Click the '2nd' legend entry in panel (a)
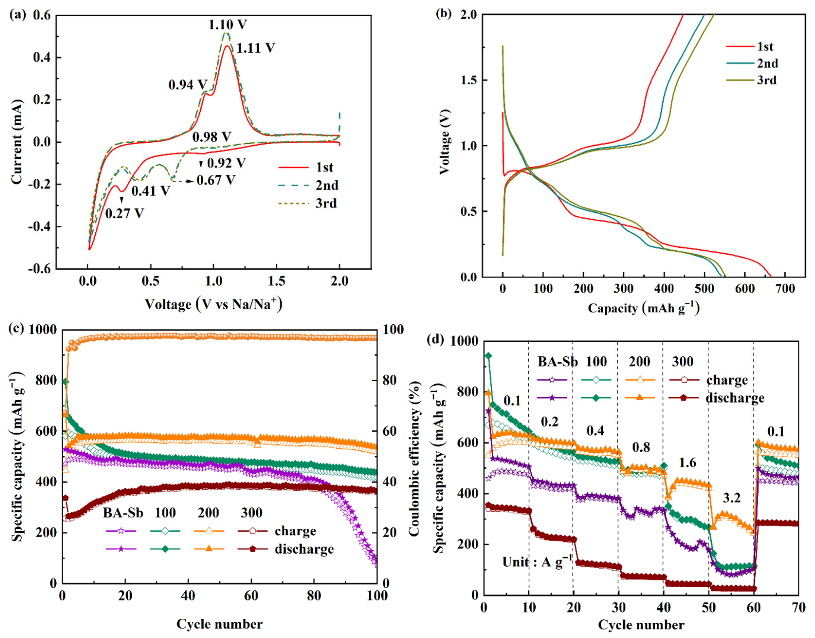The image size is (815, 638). click(327, 185)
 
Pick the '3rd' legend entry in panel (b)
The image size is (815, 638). click(767, 80)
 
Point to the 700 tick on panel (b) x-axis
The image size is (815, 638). click(785, 289)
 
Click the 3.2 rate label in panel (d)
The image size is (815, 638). click(731, 498)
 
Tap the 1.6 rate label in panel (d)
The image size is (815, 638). click(687, 463)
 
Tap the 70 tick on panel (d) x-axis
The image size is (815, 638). click(798, 608)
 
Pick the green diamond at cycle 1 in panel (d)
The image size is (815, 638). click(488, 356)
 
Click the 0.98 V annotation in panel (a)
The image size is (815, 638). click(211, 137)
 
